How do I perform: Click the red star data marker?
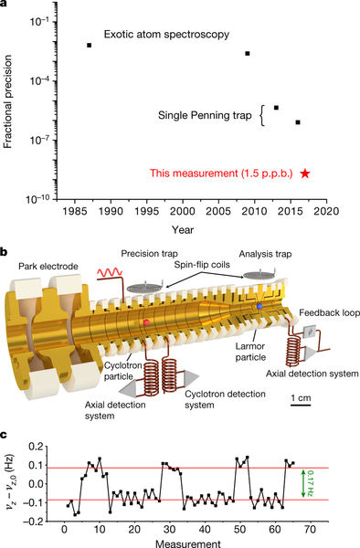[305, 173]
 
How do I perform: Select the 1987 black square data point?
[90, 45]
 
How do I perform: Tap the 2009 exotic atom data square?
[248, 54]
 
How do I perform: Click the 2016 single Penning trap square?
[298, 122]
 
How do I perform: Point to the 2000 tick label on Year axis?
[183, 211]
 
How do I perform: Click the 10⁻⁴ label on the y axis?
[39, 80]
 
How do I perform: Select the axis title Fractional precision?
[7, 101]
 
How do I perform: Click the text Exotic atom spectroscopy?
[166, 35]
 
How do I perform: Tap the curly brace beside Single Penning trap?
[263, 115]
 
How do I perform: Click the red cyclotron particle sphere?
[147, 322]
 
